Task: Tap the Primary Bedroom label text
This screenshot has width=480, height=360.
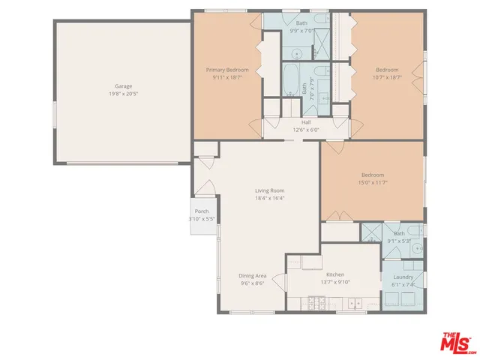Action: pyautogui.click(x=227, y=70)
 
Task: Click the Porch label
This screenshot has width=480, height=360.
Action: pyautogui.click(x=201, y=211)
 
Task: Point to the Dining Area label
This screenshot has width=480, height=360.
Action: pyautogui.click(x=252, y=275)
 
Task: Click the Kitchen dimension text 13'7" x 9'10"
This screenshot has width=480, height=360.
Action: pyautogui.click(x=334, y=283)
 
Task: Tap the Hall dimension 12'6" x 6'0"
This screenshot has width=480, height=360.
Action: pyautogui.click(x=306, y=130)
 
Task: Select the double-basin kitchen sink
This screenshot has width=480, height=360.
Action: pyautogui.click(x=356, y=303)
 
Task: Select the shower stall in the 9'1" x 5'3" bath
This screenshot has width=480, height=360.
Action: pyautogui.click(x=370, y=232)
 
